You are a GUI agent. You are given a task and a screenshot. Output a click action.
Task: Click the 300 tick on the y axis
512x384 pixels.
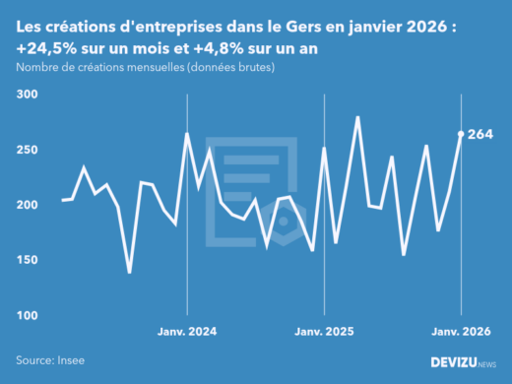click(26, 95)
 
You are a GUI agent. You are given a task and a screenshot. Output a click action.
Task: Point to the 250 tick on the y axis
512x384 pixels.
click(26, 150)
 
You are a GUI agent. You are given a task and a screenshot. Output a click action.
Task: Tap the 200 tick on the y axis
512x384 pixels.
click(26, 205)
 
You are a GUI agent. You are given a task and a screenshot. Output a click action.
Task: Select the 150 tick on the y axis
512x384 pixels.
click(26, 260)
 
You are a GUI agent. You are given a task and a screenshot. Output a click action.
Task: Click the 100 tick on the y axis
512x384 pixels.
click(26, 315)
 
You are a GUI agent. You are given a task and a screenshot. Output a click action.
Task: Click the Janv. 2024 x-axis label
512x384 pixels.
click(187, 332)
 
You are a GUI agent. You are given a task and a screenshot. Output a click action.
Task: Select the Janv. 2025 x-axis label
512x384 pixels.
click(324, 332)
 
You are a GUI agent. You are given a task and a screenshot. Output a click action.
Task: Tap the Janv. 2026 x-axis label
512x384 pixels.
click(461, 332)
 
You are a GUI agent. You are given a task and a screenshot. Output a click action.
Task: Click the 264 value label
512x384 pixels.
click(480, 134)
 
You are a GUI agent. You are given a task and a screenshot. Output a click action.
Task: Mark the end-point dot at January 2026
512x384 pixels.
click(461, 134)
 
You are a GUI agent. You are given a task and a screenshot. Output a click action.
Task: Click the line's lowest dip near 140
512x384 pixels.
click(130, 273)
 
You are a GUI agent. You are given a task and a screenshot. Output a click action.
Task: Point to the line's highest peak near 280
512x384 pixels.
click(357, 117)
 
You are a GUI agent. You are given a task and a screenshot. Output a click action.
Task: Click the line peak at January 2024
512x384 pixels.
click(187, 134)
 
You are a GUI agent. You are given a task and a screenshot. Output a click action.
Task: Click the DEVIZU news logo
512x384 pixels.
click(464, 362)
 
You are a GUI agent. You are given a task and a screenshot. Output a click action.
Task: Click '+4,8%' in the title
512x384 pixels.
click(213, 48)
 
